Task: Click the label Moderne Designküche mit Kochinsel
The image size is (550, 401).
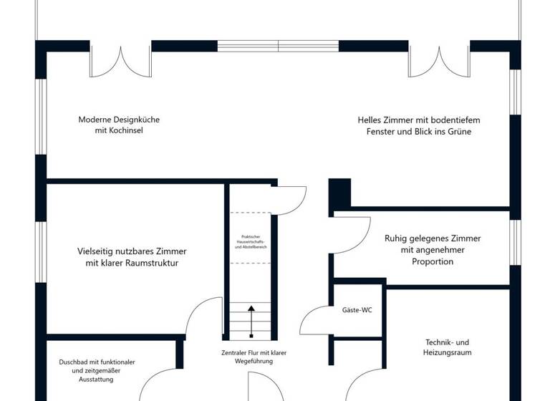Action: [x=119, y=125]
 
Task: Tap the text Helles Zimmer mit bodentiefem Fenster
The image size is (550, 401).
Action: [x=419, y=125]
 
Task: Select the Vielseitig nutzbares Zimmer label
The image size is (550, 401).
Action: [x=132, y=257]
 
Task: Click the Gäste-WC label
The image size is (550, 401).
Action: [x=357, y=310]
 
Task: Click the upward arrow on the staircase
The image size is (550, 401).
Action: [x=251, y=320]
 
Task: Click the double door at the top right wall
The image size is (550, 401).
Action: [x=438, y=60]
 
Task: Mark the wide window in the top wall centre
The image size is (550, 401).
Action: [x=278, y=45]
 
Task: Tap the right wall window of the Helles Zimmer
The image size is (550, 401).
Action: [x=515, y=92]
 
